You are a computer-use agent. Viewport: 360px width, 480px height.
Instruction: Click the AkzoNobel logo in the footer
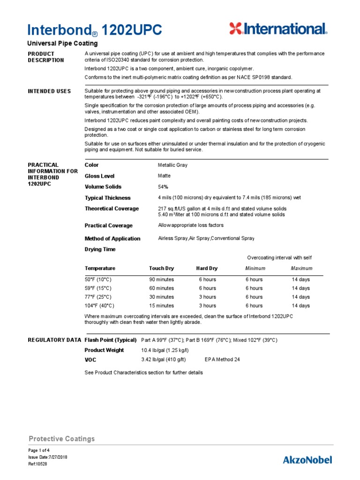307,459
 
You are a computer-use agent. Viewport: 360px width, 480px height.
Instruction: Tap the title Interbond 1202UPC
95,30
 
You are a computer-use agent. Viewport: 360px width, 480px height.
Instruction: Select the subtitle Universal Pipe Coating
63,44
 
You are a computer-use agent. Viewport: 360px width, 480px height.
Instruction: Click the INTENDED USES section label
50,91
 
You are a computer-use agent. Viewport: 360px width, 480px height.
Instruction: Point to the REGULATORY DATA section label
54,340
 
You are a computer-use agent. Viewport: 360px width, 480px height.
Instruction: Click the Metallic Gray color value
172,165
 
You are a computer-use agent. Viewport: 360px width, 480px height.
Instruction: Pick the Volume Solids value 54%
163,187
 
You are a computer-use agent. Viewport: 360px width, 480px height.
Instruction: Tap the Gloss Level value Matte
165,176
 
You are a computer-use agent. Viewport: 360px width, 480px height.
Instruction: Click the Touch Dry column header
161,269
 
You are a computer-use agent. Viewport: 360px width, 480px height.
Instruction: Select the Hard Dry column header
207,269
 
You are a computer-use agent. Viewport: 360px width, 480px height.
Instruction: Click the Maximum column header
301,269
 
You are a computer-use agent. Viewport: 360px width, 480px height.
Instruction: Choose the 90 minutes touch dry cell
161,279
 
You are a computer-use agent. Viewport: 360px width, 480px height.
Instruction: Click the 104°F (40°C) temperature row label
98,306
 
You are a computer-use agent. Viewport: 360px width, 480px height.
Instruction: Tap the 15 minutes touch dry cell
161,306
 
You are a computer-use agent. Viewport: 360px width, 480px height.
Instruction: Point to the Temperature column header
100,269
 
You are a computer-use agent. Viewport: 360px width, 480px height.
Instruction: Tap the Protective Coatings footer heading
61,439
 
